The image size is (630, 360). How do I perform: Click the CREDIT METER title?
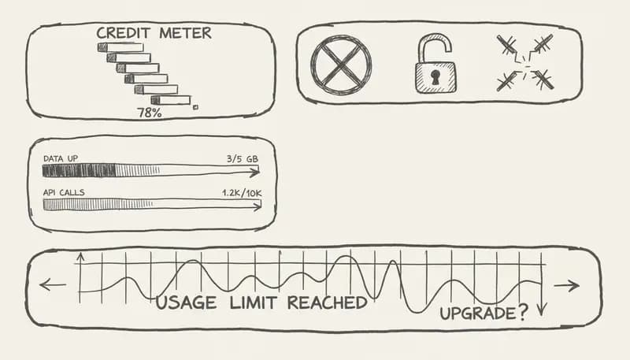pos(154,33)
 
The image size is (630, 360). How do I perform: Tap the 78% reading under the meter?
pos(150,113)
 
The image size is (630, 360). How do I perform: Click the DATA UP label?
pos(61,159)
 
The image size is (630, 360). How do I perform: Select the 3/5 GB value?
pos(242,159)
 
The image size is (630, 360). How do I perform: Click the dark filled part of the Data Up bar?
pos(79,170)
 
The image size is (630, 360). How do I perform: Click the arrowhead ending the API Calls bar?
pos(258,206)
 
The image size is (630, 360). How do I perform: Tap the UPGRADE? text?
pos(484,313)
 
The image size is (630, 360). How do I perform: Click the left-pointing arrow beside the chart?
pos(52,284)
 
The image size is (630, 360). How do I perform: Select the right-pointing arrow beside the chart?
pos(567,285)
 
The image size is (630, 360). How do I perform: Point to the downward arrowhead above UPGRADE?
pos(542,309)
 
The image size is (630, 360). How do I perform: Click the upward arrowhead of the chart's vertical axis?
pos(80,258)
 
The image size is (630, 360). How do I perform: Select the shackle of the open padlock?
pos(435,46)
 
